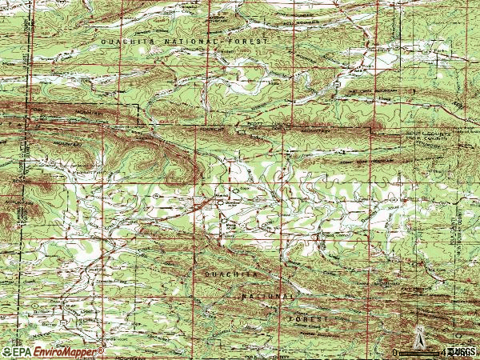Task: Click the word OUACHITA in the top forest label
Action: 124,40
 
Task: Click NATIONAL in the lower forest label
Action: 268,295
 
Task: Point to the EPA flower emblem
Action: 6,351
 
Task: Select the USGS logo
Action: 463,351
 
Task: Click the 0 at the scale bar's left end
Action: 394,351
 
